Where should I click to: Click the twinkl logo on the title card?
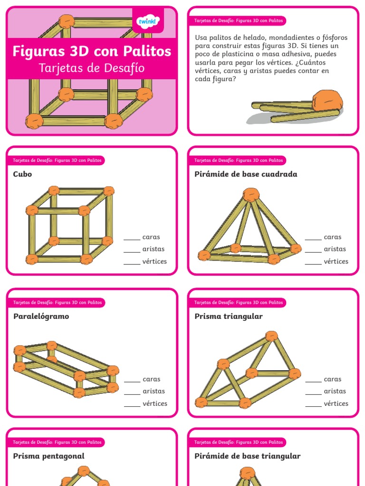[x=148, y=21]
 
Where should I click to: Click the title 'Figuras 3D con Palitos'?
[x=92, y=51]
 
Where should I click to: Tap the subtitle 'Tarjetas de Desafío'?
[x=92, y=68]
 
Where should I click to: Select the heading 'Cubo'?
[x=23, y=174]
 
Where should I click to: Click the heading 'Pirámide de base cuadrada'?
[x=246, y=174]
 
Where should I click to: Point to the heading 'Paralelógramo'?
[x=41, y=317]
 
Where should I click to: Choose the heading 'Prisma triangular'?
[x=229, y=317]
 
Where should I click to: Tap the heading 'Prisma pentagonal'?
[x=49, y=456]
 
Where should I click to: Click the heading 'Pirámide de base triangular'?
[x=248, y=456]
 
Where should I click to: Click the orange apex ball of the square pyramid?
[x=251, y=195]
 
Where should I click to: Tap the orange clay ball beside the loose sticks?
[x=327, y=101]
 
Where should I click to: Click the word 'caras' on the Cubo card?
[x=151, y=237]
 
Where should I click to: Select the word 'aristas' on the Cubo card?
[x=154, y=249]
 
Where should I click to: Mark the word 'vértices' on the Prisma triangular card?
[x=336, y=404]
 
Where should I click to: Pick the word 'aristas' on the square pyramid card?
[x=335, y=249]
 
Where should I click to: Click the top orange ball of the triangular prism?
[x=271, y=336]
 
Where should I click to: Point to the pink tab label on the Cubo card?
[x=57, y=160]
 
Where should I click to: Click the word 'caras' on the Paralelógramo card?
[x=152, y=380]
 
